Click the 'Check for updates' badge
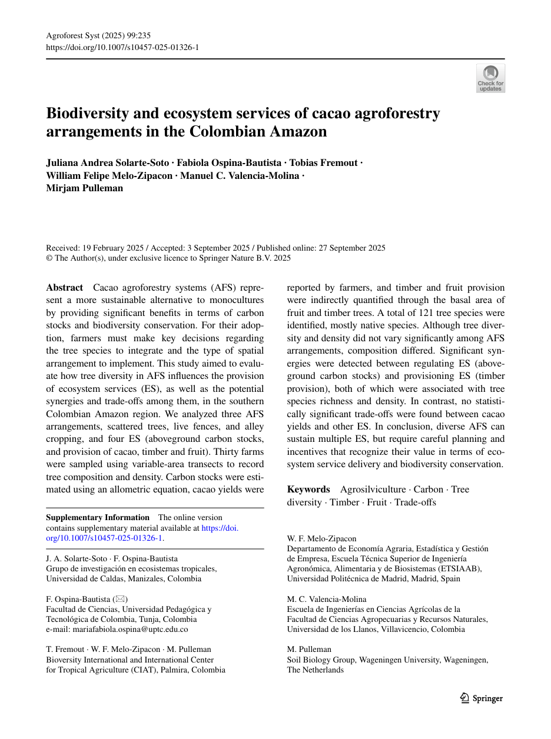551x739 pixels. coord(490,78)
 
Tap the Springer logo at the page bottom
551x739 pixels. coord(481,698)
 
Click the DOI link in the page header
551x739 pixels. coord(122,46)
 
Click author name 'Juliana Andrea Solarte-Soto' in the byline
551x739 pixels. coord(107,163)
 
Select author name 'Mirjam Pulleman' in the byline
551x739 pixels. coord(85,188)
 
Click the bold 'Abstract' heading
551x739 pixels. coord(65,288)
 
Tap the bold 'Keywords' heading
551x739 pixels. coord(308,490)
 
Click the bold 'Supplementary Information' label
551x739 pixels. coord(98,518)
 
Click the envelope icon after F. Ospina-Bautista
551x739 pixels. coord(123,599)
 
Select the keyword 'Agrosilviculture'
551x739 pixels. coord(373,490)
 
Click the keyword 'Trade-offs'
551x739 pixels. coord(415,502)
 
